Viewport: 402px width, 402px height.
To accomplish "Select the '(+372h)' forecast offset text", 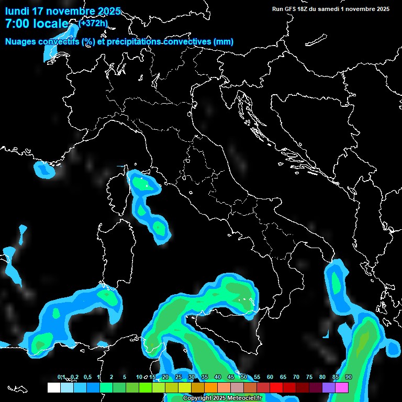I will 93,23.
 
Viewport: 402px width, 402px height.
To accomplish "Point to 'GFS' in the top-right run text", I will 290,9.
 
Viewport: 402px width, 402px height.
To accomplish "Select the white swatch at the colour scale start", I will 53,388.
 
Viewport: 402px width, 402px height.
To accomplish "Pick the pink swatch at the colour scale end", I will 342,388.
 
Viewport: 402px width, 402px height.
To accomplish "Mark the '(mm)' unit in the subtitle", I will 223,42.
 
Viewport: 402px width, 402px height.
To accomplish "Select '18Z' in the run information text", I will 303,9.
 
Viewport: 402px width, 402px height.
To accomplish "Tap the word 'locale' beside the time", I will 51,24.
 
